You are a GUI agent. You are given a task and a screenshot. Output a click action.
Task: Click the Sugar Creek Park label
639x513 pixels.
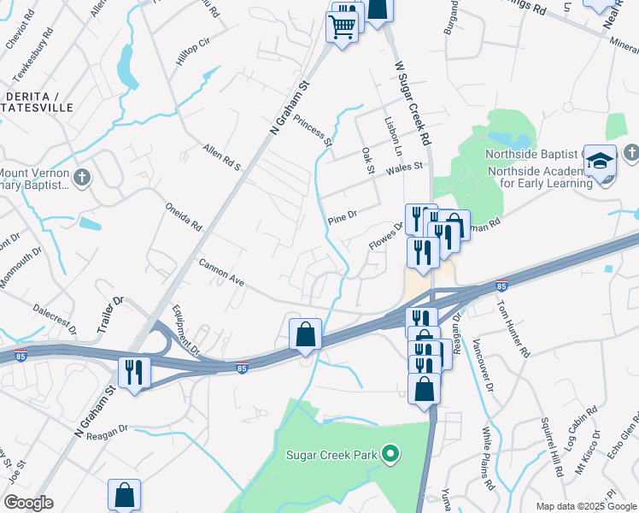click(331, 453)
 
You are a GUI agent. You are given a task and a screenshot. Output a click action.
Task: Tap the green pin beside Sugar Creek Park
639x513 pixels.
click(391, 453)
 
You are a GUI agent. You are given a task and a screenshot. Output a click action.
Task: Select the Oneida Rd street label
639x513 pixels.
click(184, 216)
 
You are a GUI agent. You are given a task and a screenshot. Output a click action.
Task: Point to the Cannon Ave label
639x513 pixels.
click(222, 273)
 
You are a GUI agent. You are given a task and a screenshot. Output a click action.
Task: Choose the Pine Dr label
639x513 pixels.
click(341, 219)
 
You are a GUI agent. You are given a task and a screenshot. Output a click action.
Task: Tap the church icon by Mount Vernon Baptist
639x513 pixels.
click(82, 178)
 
